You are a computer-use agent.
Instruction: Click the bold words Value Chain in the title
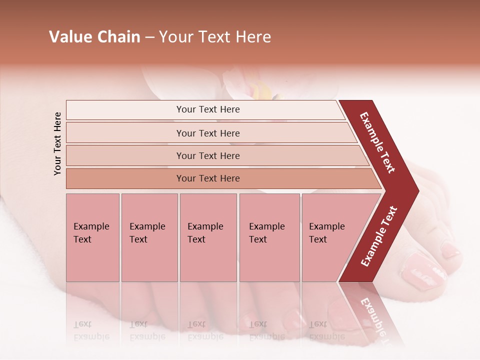[x=94, y=37]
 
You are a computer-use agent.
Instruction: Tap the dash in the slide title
[x=149, y=37]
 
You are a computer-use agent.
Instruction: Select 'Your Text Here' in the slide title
[x=215, y=37]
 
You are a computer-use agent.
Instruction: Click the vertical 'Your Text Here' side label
[x=57, y=143]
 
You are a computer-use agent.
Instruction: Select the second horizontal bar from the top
[x=208, y=133]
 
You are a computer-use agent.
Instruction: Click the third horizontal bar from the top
[x=208, y=155]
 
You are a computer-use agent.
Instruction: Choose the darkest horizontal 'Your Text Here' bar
[x=208, y=178]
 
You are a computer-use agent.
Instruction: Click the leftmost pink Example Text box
[x=92, y=237]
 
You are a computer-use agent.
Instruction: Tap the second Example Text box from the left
[x=149, y=237]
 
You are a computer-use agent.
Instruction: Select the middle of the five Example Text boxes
[x=208, y=237]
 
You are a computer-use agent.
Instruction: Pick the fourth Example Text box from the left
[x=269, y=237]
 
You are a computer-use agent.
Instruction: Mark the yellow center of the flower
[x=261, y=91]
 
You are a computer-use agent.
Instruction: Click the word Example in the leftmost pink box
[x=91, y=226]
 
